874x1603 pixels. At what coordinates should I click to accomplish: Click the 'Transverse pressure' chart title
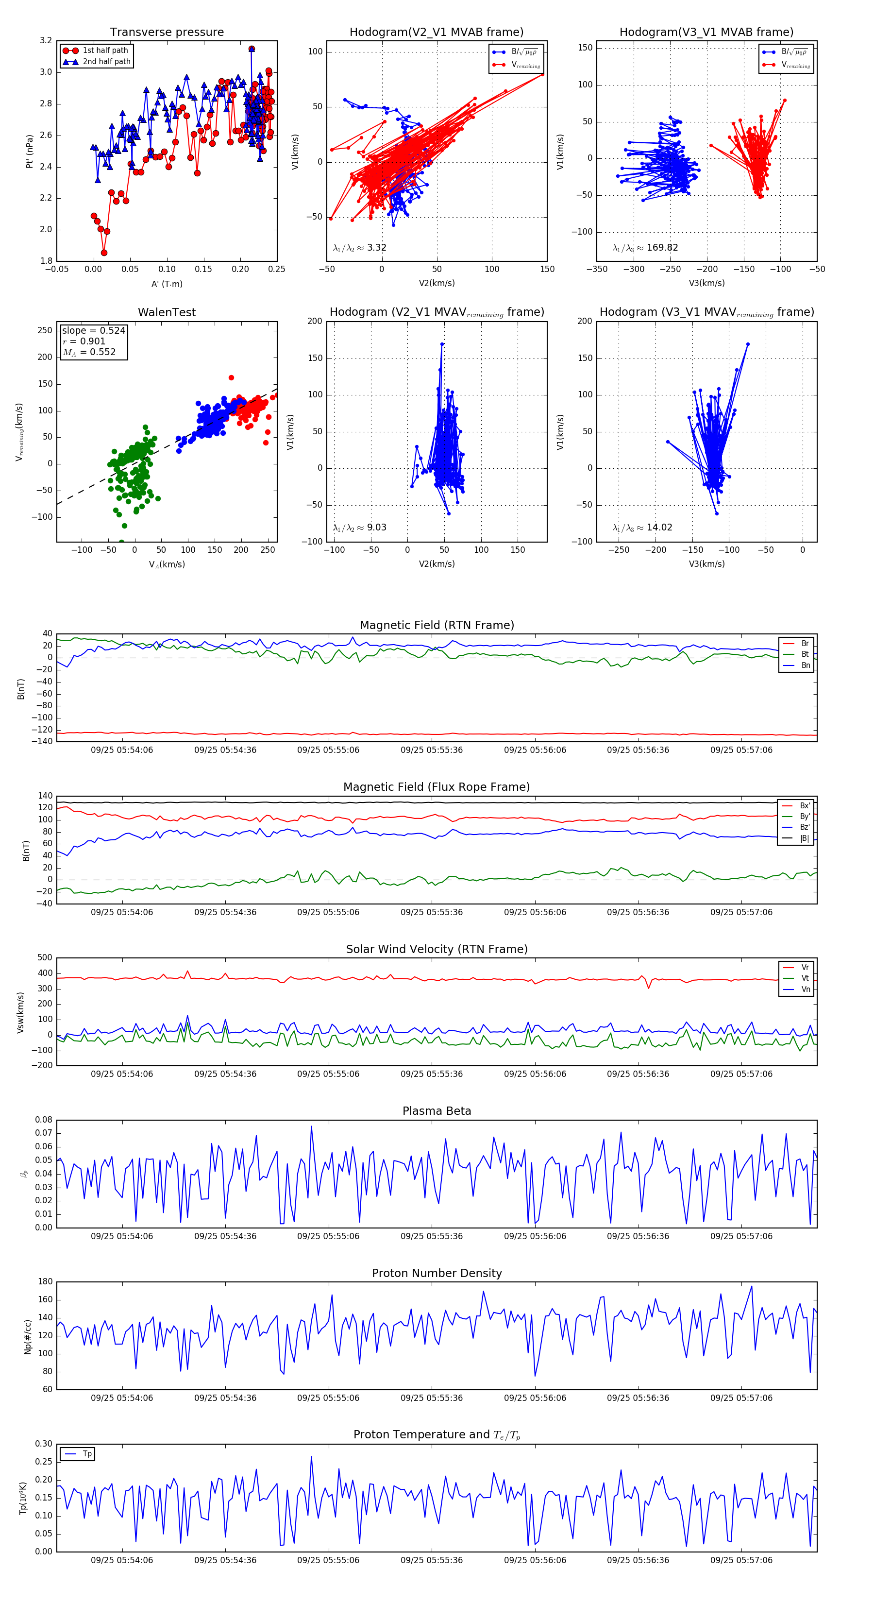click(167, 33)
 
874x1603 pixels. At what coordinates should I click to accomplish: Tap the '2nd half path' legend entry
click(106, 62)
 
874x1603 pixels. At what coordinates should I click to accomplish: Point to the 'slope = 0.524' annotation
click(93, 330)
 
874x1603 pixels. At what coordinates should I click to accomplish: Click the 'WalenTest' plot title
click(167, 312)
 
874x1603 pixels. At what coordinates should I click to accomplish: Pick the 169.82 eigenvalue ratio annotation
click(645, 248)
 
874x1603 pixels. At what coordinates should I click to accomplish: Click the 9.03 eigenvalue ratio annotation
click(359, 528)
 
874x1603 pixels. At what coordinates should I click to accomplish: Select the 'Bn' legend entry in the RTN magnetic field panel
click(805, 665)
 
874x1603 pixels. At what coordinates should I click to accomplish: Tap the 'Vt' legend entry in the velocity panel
click(805, 978)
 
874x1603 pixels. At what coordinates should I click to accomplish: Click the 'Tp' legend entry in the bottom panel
click(87, 1454)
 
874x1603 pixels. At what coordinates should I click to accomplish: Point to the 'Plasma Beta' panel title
click(437, 1111)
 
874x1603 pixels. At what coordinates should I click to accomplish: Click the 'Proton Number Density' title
click(437, 1273)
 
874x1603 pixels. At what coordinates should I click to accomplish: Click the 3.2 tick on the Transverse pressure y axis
click(46, 40)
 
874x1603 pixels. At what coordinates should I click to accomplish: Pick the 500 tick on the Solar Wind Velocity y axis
click(45, 958)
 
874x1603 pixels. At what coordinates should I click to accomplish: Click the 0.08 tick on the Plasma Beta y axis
click(44, 1120)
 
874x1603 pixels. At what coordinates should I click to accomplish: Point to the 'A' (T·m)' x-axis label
click(167, 284)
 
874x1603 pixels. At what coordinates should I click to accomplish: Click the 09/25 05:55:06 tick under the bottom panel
click(328, 1560)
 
